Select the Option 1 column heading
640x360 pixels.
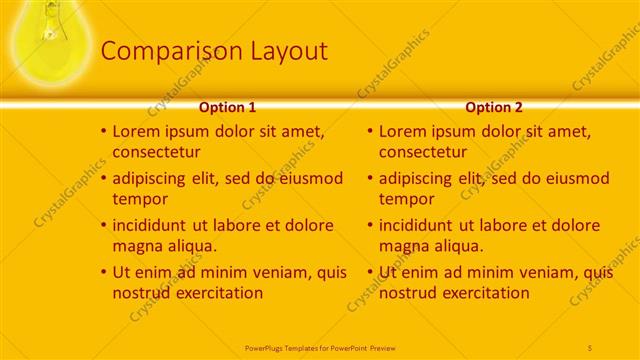pyautogui.click(x=227, y=107)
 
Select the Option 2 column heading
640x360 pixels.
pyautogui.click(x=494, y=107)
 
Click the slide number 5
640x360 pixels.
pyautogui.click(x=590, y=347)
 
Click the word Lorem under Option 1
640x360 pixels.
pyautogui.click(x=137, y=131)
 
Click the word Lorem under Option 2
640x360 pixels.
pyautogui.click(x=403, y=131)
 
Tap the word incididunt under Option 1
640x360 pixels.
pyautogui.click(x=155, y=225)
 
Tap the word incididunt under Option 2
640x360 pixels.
pyautogui.click(x=421, y=225)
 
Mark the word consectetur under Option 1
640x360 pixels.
pyautogui.click(x=156, y=152)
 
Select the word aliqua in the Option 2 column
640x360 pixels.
pyautogui.click(x=458, y=246)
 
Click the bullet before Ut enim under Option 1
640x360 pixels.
pyautogui.click(x=103, y=272)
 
